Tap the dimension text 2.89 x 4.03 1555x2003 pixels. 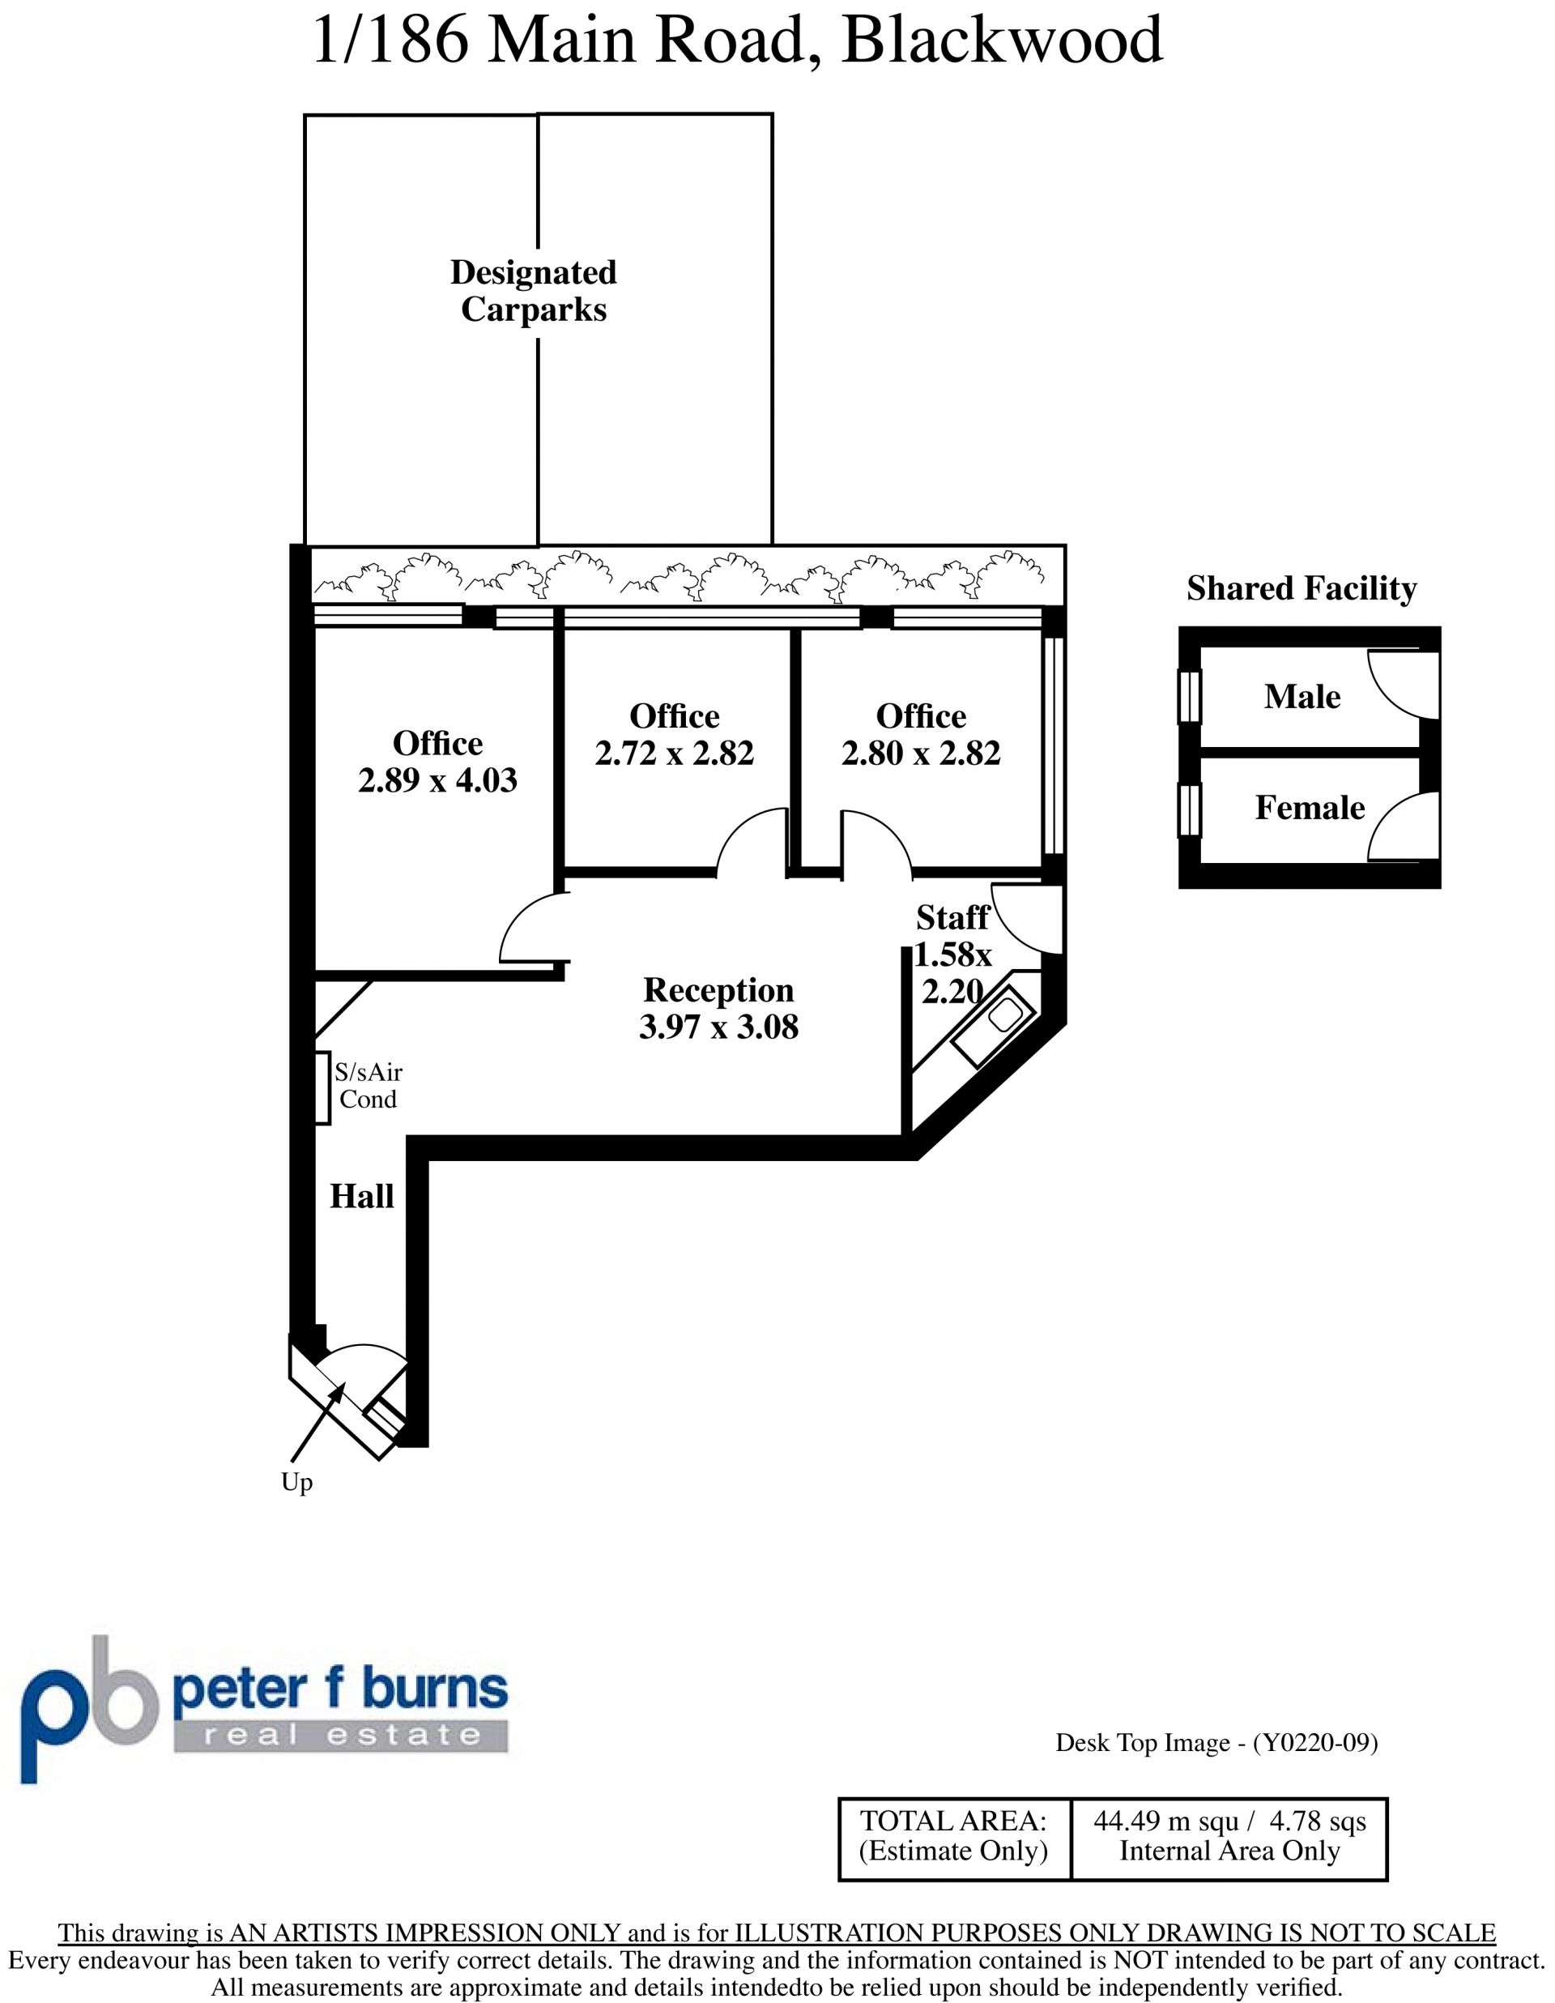[437, 779]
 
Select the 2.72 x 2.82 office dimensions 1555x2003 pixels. [674, 753]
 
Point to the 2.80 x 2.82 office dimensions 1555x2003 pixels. [921, 753]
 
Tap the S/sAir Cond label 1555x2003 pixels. [368, 1086]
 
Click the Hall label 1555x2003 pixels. [361, 1196]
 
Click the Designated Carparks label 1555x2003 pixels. [534, 291]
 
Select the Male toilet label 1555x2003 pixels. [1302, 697]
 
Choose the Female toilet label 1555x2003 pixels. [1310, 808]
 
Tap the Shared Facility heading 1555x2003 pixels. [1302, 588]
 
